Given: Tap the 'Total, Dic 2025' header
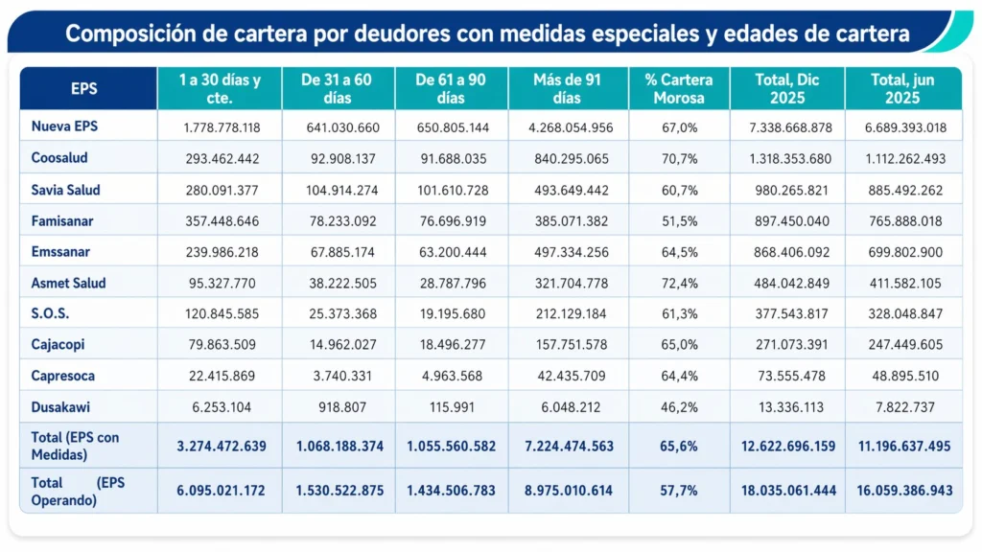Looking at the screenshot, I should [786, 89].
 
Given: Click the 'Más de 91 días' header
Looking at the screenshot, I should [567, 89].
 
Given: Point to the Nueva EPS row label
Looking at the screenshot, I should [64, 126].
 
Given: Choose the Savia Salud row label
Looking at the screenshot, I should [65, 190].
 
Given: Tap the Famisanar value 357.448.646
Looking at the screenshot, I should [219, 221].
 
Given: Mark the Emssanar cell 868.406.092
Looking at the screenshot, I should [786, 253].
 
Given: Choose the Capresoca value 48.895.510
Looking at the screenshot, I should [903, 377].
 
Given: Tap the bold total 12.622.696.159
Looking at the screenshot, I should [786, 447].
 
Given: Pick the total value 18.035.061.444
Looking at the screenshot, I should [786, 491].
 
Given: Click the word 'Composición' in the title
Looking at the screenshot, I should [125, 35].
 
